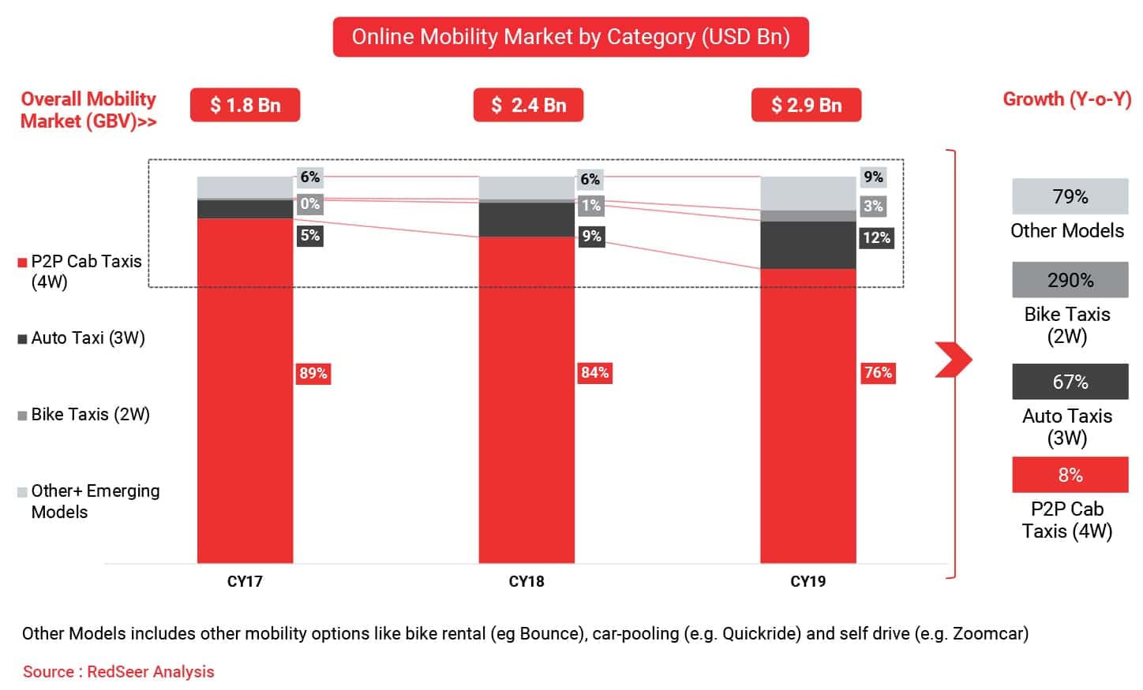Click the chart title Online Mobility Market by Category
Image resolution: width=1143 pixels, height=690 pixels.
point(571,37)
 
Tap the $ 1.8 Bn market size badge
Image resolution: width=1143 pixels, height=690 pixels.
point(245,105)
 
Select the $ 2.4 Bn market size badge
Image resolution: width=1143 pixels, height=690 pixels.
point(528,105)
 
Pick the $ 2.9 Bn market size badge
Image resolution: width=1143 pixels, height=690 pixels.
point(806,105)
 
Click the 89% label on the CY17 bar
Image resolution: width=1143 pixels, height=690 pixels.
point(313,373)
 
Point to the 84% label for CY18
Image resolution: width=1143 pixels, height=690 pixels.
point(594,372)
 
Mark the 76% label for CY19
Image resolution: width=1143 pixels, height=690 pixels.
point(877,372)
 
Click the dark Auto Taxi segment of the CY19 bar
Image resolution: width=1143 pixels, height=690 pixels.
point(808,245)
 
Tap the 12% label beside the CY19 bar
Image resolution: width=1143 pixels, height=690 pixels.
point(876,237)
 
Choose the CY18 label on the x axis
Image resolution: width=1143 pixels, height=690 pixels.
point(527,582)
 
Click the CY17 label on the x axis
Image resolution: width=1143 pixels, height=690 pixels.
point(245,582)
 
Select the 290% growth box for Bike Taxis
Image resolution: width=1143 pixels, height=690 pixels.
point(1070,280)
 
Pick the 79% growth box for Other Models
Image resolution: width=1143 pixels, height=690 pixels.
point(1070,196)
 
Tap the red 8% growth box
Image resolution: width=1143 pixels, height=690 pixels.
point(1070,475)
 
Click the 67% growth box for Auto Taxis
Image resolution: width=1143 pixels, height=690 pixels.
point(1070,382)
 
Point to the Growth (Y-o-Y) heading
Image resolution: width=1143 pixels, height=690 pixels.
point(1066,99)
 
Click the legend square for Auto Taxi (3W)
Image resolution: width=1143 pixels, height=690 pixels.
point(22,339)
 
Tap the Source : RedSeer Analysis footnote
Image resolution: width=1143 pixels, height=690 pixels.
point(118,672)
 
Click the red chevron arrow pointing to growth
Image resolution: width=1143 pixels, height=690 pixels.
point(953,360)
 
